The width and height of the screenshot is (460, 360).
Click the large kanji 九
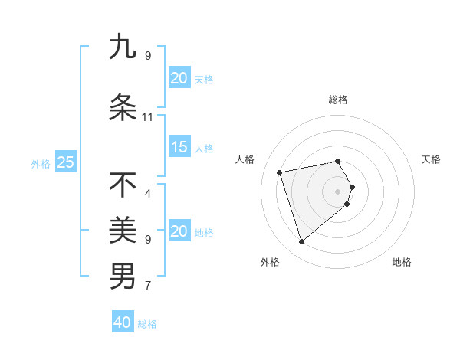point(123,47)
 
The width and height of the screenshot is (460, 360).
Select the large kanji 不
point(123,185)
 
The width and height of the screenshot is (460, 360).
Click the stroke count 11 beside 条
point(147,117)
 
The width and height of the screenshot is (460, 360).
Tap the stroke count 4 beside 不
point(147,194)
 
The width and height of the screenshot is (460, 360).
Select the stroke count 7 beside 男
point(147,286)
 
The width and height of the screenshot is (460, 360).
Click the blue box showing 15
point(179,148)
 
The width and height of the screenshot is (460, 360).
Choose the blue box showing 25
point(65,162)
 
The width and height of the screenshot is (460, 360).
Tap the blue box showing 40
point(123,322)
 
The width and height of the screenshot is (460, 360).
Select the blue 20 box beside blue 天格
point(179,78)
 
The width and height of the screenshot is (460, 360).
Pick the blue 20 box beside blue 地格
point(179,231)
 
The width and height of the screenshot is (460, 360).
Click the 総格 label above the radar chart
point(338,100)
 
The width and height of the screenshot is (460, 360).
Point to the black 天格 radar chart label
point(432,159)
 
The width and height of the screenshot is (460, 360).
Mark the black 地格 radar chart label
point(402,262)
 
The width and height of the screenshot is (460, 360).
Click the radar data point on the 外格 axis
point(301,242)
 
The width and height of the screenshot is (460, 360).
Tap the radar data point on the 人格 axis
point(280,172)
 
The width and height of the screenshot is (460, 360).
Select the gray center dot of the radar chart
point(338,191)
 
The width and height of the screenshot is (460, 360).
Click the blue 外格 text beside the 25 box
point(41,163)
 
